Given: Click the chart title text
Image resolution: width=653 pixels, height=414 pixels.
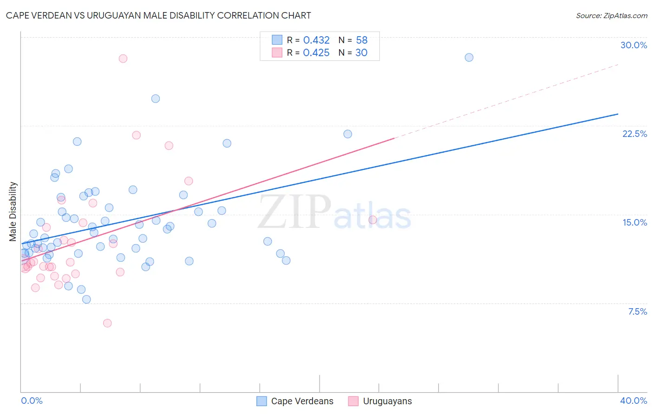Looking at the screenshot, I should pyautogui.click(x=158, y=15).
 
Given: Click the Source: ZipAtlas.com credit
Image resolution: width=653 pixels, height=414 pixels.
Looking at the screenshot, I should pyautogui.click(x=611, y=15).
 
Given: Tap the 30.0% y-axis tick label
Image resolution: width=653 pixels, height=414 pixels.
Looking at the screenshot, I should pyautogui.click(x=633, y=45).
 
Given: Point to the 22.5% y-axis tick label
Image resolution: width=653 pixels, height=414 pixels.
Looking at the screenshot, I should pyautogui.click(x=634, y=134).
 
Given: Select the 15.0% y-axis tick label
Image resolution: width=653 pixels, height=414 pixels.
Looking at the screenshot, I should pyautogui.click(x=634, y=222).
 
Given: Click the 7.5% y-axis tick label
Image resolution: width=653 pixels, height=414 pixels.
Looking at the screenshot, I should pyautogui.click(x=637, y=311).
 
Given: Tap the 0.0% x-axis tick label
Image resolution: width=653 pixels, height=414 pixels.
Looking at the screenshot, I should pyautogui.click(x=32, y=401).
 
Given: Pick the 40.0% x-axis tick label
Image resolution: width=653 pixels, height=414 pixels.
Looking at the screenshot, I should pyautogui.click(x=633, y=401).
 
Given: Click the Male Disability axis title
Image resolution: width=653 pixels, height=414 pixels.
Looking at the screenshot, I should pyautogui.click(x=13, y=211).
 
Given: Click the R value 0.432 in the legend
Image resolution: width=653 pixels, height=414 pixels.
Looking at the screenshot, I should pyautogui.click(x=316, y=40).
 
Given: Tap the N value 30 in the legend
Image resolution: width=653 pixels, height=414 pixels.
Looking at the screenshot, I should pyautogui.click(x=361, y=53).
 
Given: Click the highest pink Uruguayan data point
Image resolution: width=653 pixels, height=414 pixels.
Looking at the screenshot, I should pyautogui.click(x=123, y=58).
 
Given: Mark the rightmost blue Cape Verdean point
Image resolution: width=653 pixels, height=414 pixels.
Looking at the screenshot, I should pyautogui.click(x=469, y=58).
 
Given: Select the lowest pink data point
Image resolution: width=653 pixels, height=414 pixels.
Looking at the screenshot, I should pyautogui.click(x=107, y=323).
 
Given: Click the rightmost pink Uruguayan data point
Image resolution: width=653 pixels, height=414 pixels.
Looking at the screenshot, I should pyautogui.click(x=372, y=220).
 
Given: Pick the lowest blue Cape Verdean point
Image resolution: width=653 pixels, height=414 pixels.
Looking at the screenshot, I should pyautogui.click(x=86, y=299).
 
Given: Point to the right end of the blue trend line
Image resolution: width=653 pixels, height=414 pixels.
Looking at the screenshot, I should pyautogui.click(x=618, y=114).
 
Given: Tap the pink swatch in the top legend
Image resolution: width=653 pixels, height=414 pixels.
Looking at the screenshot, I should pyautogui.click(x=277, y=52).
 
